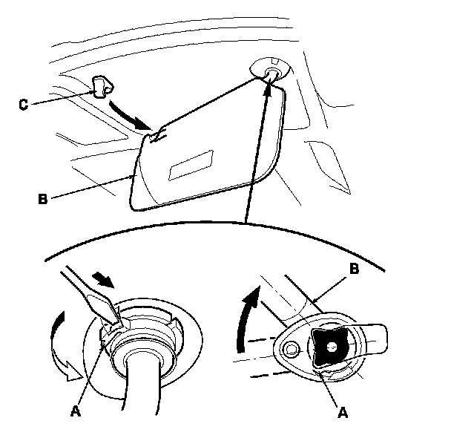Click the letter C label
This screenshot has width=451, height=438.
click(22, 105)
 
